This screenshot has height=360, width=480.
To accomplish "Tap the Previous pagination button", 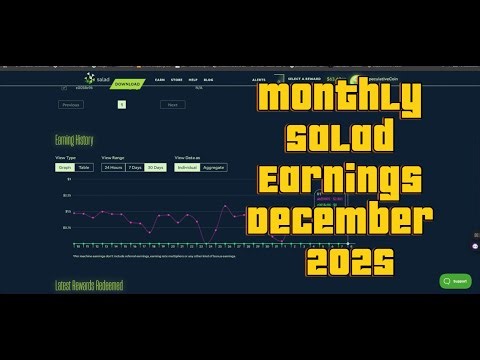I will pos(71,104).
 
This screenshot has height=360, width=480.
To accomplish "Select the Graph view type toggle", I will pos(63,167).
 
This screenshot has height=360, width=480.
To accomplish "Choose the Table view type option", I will pos(84,167).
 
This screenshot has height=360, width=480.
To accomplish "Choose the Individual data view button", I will pos(187,167).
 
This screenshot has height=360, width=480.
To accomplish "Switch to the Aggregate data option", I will pos(213,167).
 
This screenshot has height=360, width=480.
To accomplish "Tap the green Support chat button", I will pos(456,281).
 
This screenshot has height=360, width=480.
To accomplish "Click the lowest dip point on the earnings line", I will pos(204,239).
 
